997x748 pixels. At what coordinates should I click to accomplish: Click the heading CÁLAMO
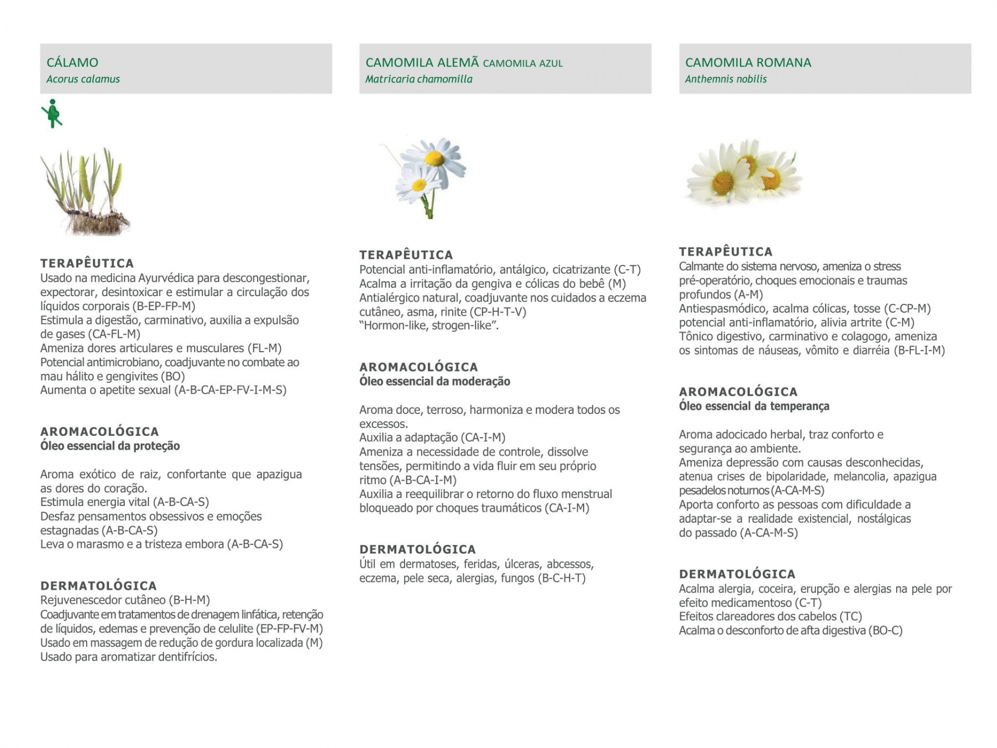pos(72,63)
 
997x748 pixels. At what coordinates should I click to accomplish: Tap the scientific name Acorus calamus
pos(83,79)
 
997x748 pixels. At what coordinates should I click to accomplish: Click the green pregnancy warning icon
pos(52,113)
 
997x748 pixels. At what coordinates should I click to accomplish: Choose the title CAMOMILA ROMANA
pos(748,63)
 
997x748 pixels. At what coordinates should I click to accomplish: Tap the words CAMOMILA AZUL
pos(522,64)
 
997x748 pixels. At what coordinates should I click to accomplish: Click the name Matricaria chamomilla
pos(419,79)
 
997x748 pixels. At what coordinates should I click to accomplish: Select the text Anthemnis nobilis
pos(725,79)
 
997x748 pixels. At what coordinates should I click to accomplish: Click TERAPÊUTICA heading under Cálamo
pos(87,263)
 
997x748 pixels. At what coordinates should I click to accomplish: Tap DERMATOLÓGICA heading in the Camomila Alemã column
pos(417,550)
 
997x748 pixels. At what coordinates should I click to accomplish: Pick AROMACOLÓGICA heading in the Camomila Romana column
pos(738,392)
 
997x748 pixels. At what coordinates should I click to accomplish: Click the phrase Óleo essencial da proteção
pos(110,446)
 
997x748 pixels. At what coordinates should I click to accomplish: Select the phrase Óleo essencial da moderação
pos(435,382)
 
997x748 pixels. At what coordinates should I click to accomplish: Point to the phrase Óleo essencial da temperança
pos(754,406)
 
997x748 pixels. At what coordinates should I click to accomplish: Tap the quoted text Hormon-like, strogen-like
pos(429,326)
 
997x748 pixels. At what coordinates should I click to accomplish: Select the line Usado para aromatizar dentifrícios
pos(129,657)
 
